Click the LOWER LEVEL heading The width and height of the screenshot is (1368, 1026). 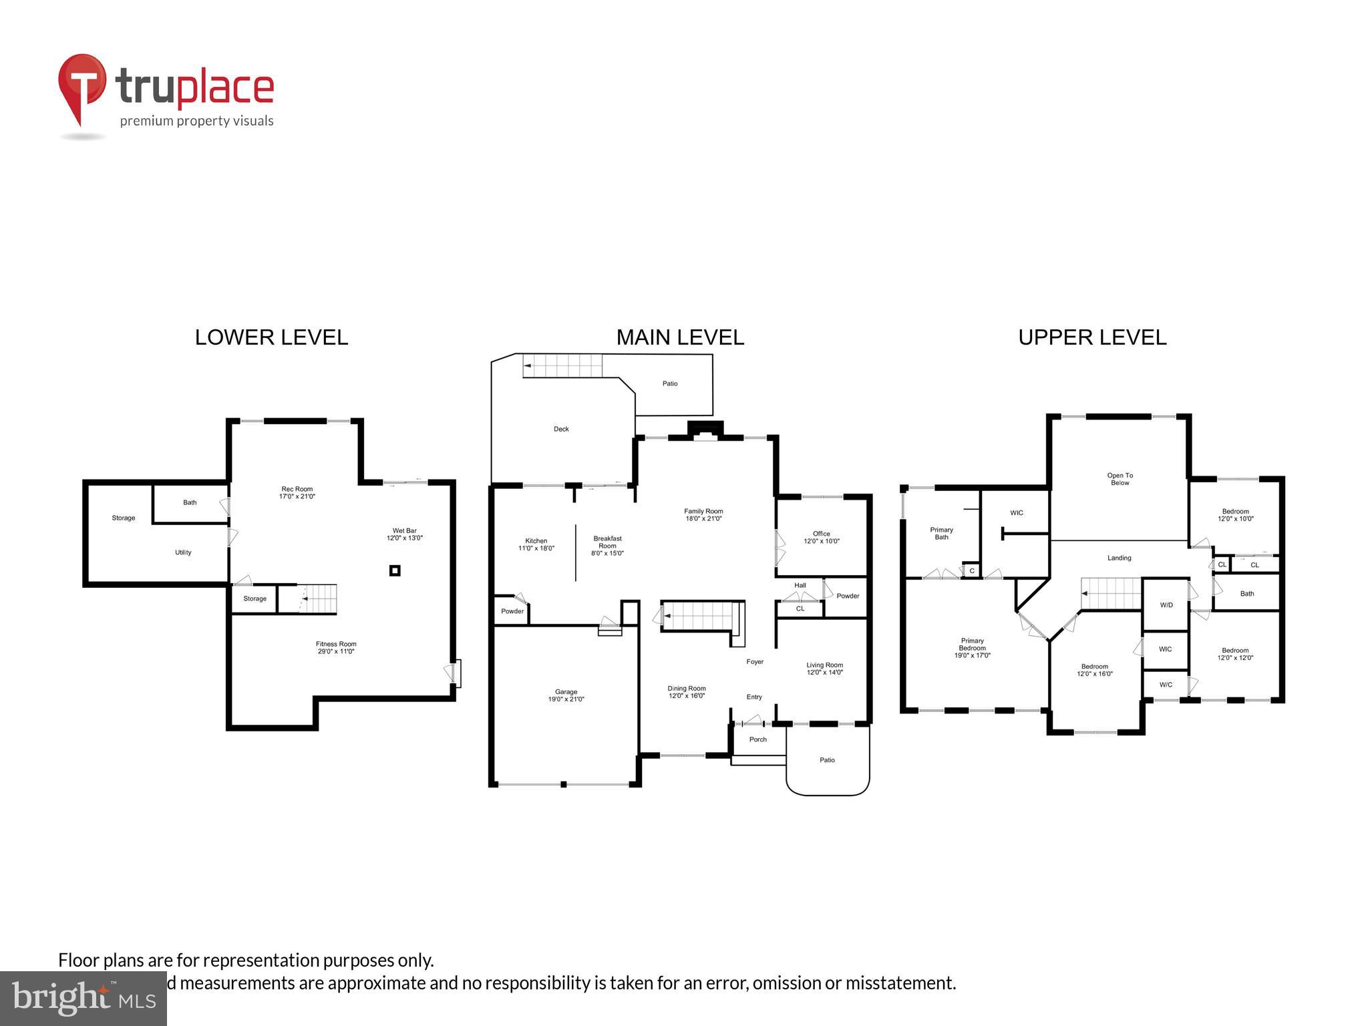click(x=271, y=337)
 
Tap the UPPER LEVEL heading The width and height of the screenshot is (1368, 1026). click(x=1092, y=337)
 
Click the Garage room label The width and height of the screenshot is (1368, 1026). click(x=566, y=695)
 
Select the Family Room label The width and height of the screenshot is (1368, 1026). click(x=703, y=514)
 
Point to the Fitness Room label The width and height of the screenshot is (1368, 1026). click(x=336, y=647)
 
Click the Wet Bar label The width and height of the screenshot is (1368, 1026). click(x=404, y=534)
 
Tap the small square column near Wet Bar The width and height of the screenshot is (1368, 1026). click(x=395, y=570)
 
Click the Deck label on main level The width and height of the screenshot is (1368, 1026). click(x=561, y=429)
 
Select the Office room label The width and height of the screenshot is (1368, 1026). click(x=821, y=537)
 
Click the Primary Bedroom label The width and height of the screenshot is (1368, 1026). click(x=972, y=648)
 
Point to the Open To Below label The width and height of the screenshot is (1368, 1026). click(x=1120, y=479)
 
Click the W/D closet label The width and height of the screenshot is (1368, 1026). click(x=1166, y=605)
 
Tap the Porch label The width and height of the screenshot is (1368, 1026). click(x=757, y=739)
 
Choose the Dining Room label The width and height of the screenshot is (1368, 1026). click(x=687, y=691)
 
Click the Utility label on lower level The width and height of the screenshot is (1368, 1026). click(x=183, y=552)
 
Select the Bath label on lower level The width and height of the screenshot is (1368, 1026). click(x=190, y=502)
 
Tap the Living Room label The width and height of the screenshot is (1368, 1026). click(x=824, y=668)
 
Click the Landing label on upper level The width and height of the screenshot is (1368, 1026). click(x=1119, y=558)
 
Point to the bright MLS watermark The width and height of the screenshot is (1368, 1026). click(x=83, y=998)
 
